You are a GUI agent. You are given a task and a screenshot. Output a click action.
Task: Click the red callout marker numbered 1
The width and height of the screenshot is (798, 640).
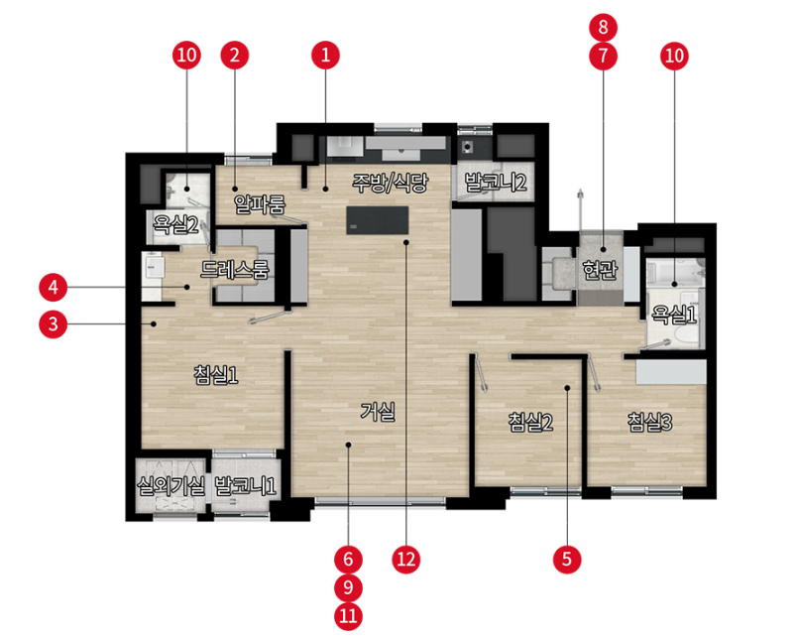tap(326, 55)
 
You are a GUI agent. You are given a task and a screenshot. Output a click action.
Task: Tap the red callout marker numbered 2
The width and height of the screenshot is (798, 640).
tap(235, 55)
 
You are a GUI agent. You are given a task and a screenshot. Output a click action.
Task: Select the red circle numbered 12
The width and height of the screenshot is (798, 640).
tap(406, 559)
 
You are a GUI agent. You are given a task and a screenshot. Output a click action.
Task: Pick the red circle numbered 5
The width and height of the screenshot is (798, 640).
tap(567, 559)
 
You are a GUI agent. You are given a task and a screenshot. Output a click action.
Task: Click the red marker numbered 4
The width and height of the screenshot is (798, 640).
tap(53, 288)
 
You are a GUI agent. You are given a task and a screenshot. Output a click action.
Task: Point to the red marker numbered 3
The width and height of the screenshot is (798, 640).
tap(53, 324)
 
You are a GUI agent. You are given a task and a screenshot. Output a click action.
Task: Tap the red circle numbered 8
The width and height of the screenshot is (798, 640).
tap(603, 27)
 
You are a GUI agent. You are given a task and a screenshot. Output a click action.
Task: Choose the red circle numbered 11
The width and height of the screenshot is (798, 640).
tap(348, 616)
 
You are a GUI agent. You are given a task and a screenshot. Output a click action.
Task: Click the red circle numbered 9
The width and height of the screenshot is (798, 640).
tap(348, 587)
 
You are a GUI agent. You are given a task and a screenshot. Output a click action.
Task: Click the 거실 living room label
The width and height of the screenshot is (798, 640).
tap(378, 411)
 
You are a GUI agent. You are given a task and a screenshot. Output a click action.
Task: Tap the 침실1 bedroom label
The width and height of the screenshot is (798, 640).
tap(216, 375)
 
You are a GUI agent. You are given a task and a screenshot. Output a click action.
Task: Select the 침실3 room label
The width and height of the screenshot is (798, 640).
tap(650, 422)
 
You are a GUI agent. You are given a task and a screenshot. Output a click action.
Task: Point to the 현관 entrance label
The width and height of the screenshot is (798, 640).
tap(601, 270)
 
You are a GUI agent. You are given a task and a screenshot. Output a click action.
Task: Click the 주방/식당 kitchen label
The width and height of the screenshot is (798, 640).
tap(391, 183)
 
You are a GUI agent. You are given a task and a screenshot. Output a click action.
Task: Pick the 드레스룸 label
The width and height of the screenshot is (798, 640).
tap(235, 269)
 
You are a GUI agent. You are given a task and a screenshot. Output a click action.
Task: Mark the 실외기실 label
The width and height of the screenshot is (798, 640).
tap(171, 486)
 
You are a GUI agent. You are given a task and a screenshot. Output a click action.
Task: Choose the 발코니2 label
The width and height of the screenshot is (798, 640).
tap(496, 182)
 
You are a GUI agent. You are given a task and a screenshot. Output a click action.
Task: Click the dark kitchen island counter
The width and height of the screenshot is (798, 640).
tap(377, 220)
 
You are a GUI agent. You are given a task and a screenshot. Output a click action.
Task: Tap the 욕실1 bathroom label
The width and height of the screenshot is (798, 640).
tap(674, 315)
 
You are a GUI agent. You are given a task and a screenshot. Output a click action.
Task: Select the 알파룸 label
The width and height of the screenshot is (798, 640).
tap(260, 204)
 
